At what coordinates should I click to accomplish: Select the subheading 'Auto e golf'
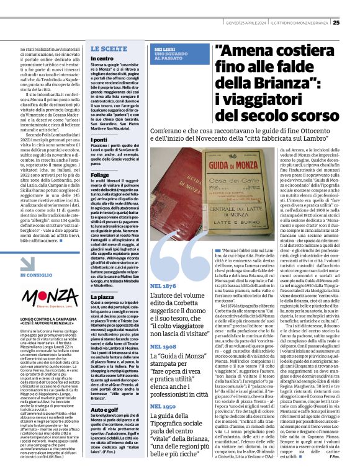pyautogui.click(x=105, y=427)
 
